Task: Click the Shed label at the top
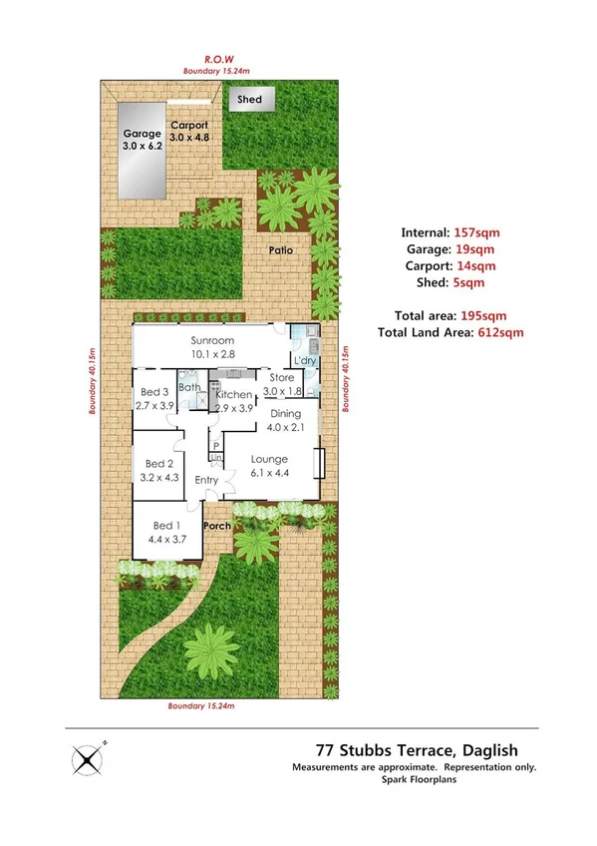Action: pos(249,99)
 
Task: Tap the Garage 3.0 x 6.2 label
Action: pos(142,139)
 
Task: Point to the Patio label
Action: pos(279,249)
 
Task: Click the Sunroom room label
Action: pos(212,346)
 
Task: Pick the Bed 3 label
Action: pos(153,398)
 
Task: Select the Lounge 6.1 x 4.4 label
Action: pos(268,466)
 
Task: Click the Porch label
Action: pos(216,526)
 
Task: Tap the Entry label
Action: pos(206,481)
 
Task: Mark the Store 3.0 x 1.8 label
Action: pos(281,383)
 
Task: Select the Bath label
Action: pos(188,387)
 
